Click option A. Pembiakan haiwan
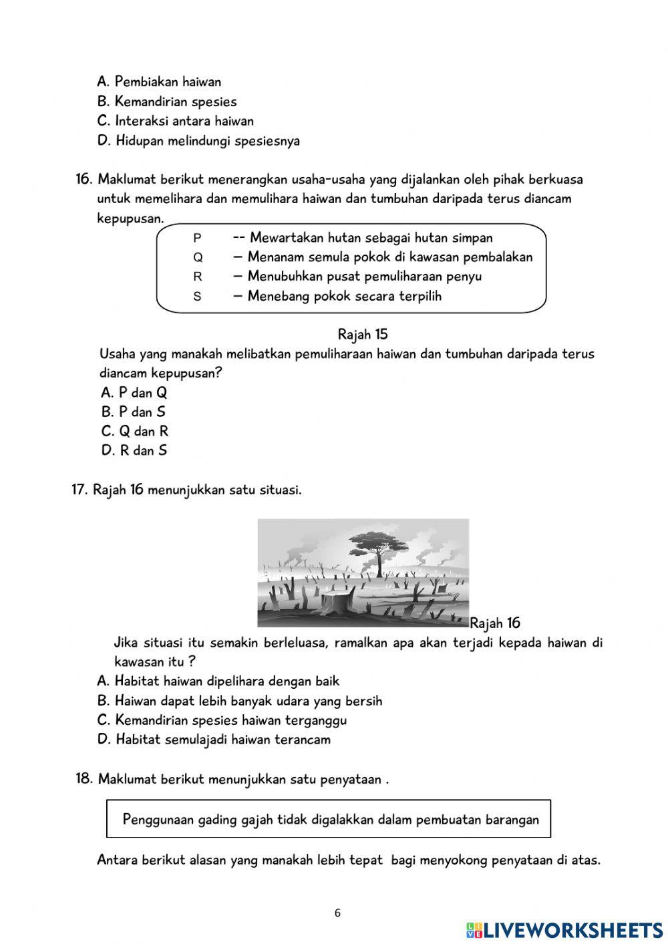pyautogui.click(x=159, y=82)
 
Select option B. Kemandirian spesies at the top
pyautogui.click(x=166, y=102)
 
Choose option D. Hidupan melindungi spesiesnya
pyautogui.click(x=198, y=141)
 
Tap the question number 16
pyautogui.click(x=83, y=179)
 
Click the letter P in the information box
pyautogui.click(x=197, y=238)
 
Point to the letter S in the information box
pyautogui.click(x=197, y=296)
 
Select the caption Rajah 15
pyautogui.click(x=362, y=334)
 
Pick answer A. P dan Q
pyautogui.click(x=134, y=392)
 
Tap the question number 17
pyautogui.click(x=79, y=490)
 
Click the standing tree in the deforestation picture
pyautogui.click(x=379, y=549)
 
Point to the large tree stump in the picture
pyautogui.click(x=336, y=602)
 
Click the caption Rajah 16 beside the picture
pyautogui.click(x=495, y=623)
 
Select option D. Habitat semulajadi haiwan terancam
pyautogui.click(x=213, y=740)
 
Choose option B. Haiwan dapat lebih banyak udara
pyautogui.click(x=239, y=701)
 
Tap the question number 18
pyautogui.click(x=83, y=779)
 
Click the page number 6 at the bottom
pyautogui.click(x=337, y=913)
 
